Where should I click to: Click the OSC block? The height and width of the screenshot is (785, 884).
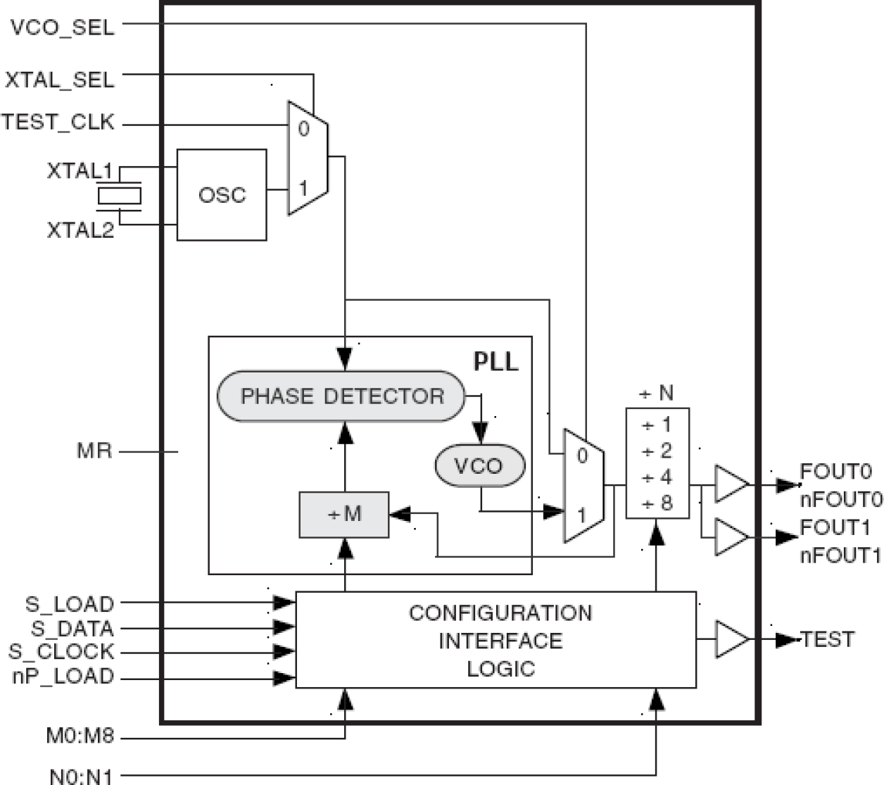coord(222,195)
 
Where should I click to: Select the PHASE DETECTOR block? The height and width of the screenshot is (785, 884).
coord(342,396)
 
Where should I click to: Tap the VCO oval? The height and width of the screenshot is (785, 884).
coord(479,465)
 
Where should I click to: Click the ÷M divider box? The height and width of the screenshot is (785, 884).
coord(344,515)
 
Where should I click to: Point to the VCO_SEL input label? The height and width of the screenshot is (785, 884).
coord(63,28)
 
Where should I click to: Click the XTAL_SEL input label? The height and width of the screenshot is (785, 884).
coord(60,80)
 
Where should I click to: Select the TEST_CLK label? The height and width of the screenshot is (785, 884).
coord(58,123)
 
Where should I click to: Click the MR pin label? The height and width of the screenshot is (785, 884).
coord(94,451)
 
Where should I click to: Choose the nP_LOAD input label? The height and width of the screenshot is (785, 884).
coord(63,677)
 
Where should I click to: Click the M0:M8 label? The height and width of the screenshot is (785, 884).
coord(80,737)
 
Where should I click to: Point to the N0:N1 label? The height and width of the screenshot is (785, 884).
coord(81,777)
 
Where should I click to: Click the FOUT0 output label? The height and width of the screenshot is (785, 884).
coord(835,471)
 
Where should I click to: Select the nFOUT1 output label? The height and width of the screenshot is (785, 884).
coord(840,555)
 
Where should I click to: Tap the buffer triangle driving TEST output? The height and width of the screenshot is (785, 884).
coord(731,639)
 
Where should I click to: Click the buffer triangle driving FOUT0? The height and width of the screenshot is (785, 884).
coord(731,484)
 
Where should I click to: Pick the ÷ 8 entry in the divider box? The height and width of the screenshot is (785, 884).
coord(657,503)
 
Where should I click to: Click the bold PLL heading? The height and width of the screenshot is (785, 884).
coord(495,361)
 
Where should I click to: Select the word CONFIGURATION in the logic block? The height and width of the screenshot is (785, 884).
coord(500,613)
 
